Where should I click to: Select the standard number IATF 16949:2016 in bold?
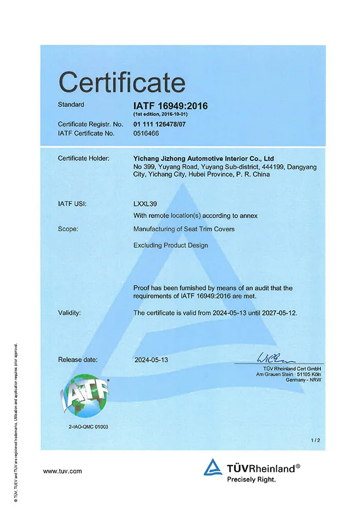coord(170,106)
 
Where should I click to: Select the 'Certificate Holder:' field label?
coord(83,158)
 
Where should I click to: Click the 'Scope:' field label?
coord(68,229)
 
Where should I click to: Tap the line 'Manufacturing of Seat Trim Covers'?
coord(184,229)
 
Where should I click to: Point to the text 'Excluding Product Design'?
coord(170,245)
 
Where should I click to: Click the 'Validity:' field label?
coord(69,313)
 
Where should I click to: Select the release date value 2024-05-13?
coord(151,360)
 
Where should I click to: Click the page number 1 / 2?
coord(315,440)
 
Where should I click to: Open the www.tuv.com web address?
coord(62,471)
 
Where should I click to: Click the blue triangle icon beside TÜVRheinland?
coord(212,468)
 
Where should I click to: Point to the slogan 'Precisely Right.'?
coord(251,480)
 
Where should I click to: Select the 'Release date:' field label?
coord(78,360)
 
